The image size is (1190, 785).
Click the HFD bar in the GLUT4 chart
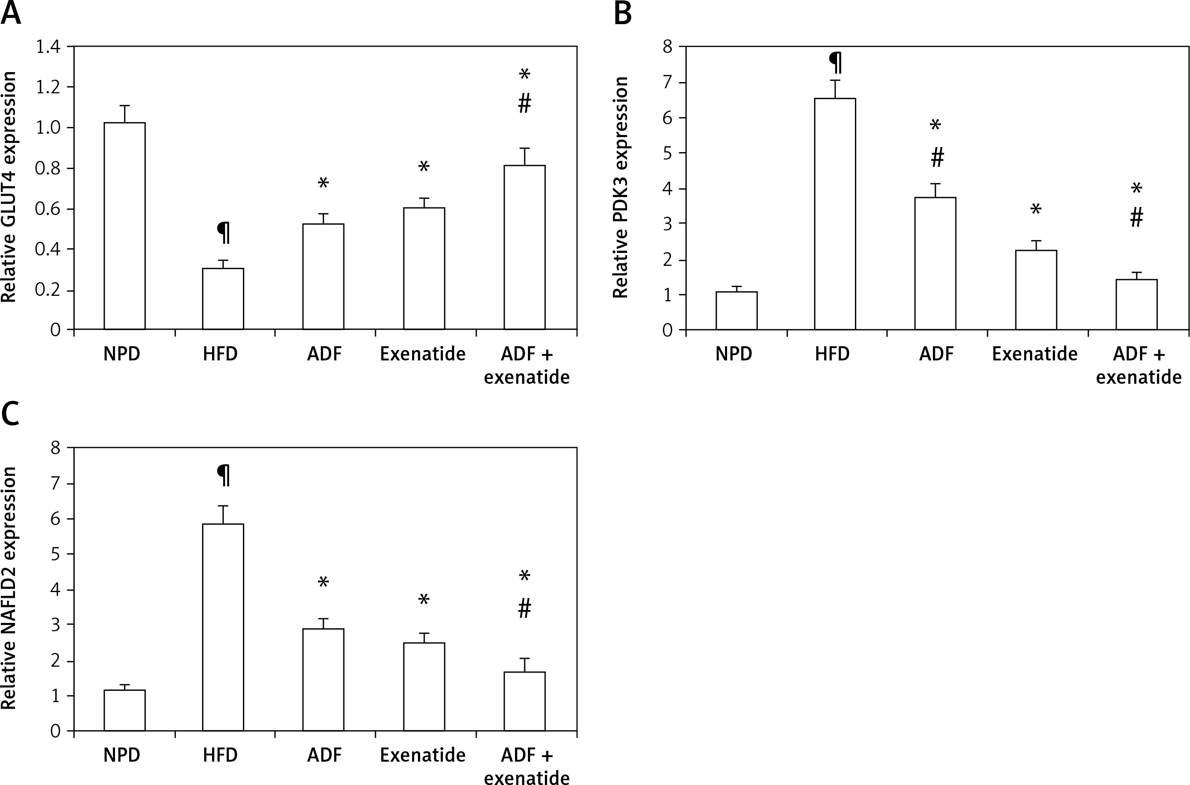[x=223, y=299]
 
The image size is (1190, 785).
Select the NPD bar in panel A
[x=125, y=226]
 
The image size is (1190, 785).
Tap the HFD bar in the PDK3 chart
[x=835, y=214]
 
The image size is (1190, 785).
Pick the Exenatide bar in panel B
[x=1036, y=290]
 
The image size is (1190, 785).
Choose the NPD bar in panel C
[x=125, y=710]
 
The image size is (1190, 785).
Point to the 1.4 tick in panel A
[x=47, y=47]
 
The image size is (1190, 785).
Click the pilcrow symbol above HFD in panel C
[x=223, y=475]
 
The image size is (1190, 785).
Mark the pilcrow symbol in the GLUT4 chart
[x=223, y=233]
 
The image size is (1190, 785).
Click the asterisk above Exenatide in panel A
[x=423, y=166]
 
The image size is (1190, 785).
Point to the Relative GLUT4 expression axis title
[x=9, y=187]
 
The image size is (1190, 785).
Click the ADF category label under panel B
[x=937, y=354]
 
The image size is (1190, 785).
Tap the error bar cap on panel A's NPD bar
[x=125, y=106]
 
